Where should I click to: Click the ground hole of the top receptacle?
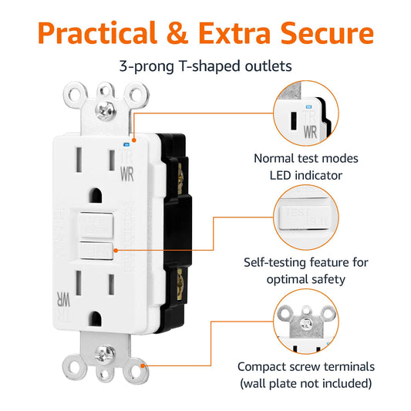96,190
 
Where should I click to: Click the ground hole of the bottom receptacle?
97,316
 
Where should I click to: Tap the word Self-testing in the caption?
276,262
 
